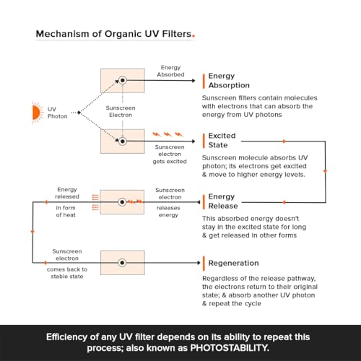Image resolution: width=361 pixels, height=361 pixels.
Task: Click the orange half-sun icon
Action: pyautogui.click(x=37, y=113)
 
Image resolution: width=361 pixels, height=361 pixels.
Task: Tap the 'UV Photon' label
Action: pyautogui.click(x=57, y=113)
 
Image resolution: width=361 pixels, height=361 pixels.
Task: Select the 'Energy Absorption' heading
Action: pyautogui.click(x=229, y=80)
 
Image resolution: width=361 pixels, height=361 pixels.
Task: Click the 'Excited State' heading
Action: pyautogui.click(x=222, y=140)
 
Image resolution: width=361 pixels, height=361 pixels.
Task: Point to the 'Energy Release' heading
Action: pyautogui.click(x=223, y=201)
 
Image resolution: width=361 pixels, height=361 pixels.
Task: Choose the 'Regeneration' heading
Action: pyautogui.click(x=233, y=263)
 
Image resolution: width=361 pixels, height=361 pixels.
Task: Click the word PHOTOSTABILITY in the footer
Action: pyautogui.click(x=230, y=348)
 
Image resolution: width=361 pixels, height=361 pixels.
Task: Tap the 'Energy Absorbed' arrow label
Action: pyautogui.click(x=170, y=71)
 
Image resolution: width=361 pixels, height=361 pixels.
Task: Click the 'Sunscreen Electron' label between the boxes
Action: pyautogui.click(x=121, y=111)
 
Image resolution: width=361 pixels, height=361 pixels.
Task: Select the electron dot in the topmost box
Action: pyautogui.click(x=123, y=80)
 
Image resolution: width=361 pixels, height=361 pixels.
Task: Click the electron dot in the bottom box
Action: pyautogui.click(x=122, y=263)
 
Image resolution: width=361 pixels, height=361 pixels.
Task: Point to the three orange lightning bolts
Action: pyautogui.click(x=168, y=134)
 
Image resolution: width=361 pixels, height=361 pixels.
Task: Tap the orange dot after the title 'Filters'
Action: pyautogui.click(x=193, y=36)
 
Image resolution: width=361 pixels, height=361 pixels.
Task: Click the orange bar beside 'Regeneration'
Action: pyautogui.click(x=204, y=264)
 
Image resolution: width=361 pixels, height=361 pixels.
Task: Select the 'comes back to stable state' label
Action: pyautogui.click(x=67, y=273)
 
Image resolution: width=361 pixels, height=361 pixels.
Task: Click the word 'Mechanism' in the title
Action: pyautogui.click(x=62, y=34)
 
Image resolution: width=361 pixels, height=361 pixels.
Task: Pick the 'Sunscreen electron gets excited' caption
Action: pyautogui.click(x=170, y=154)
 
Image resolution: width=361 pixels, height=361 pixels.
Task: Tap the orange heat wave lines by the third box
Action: pyautogui.click(x=95, y=202)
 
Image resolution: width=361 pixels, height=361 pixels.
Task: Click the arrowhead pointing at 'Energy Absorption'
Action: pyautogui.click(x=193, y=80)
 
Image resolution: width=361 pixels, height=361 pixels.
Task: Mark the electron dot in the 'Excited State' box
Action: pyautogui.click(x=123, y=142)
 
